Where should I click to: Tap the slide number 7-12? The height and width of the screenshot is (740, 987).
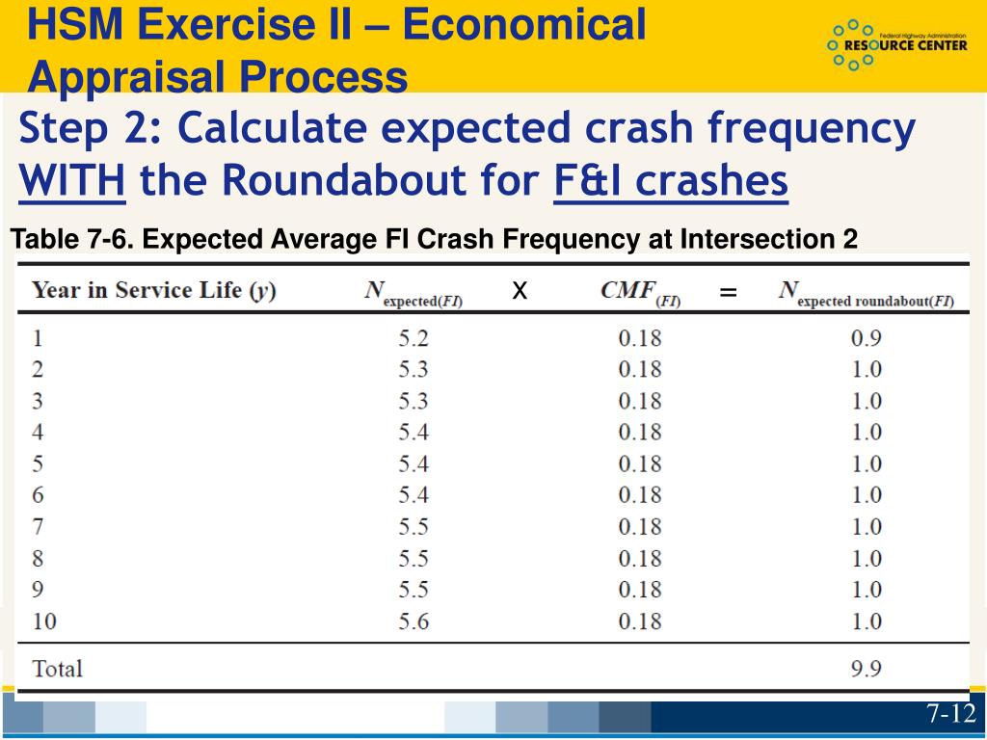(951, 714)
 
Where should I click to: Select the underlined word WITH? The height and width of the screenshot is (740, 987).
(73, 181)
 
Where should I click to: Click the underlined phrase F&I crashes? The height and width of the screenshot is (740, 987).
(671, 181)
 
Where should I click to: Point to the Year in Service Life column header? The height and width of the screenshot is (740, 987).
(154, 292)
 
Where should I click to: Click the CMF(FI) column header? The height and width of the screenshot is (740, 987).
(640, 293)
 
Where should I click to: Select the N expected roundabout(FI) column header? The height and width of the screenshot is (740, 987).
(866, 294)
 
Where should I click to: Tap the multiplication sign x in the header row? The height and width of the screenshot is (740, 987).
(520, 290)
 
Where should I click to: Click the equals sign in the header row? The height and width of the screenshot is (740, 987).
(728, 292)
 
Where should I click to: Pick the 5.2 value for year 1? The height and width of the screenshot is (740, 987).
(413, 338)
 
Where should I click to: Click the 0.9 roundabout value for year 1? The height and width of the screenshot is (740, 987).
(867, 338)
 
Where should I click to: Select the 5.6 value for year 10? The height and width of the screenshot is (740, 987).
(413, 621)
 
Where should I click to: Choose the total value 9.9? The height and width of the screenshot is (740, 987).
(867, 669)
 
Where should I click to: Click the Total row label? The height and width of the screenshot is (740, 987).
(58, 669)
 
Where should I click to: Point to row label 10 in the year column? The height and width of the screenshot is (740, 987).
(44, 621)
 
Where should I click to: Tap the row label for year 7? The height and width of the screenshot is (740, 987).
(39, 527)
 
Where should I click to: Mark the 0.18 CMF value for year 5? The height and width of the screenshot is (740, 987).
(640, 463)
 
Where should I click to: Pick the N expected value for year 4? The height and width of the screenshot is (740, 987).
(413, 433)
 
